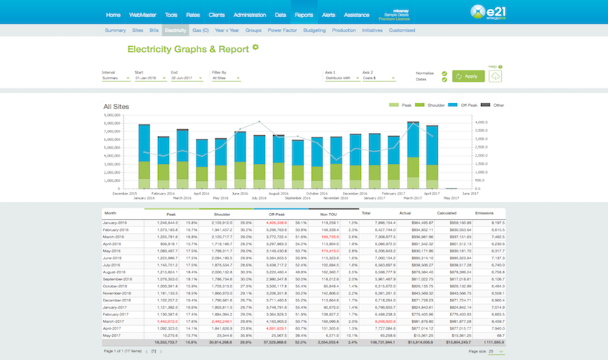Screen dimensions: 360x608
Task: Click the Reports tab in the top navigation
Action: tap(303, 15)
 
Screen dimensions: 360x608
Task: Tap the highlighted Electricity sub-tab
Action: tap(176, 30)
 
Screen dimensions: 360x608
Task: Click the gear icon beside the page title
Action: tap(255, 47)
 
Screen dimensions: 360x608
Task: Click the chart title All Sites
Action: tap(116, 108)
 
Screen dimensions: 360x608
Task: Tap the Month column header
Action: tap(111, 214)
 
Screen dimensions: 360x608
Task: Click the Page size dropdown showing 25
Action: tap(495, 350)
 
